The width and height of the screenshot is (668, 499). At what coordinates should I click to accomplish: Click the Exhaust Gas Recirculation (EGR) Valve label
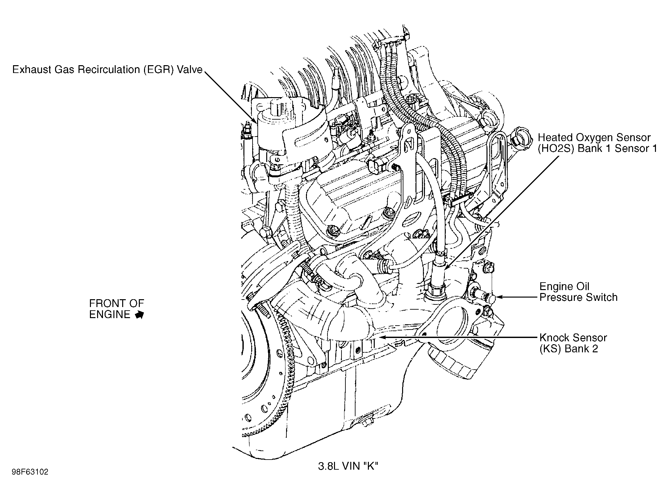pos(108,70)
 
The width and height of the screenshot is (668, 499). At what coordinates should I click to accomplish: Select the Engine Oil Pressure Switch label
pos(578,292)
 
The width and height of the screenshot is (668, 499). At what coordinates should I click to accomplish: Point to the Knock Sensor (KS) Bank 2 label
pos(573,343)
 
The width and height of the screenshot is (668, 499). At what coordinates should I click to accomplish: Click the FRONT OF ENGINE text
pos(116,309)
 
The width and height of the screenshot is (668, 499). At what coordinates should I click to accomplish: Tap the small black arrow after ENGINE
pos(139,315)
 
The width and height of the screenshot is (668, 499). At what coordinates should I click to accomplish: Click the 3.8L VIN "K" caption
pos(348,466)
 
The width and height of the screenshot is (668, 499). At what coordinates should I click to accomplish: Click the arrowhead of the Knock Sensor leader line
pos(378,338)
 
